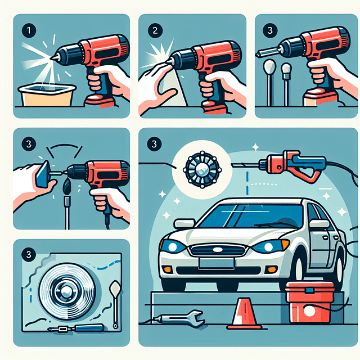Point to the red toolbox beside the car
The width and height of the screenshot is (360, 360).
click(308, 300)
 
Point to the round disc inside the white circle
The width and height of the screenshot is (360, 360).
click(199, 168)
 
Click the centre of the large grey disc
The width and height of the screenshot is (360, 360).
click(66, 292)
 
